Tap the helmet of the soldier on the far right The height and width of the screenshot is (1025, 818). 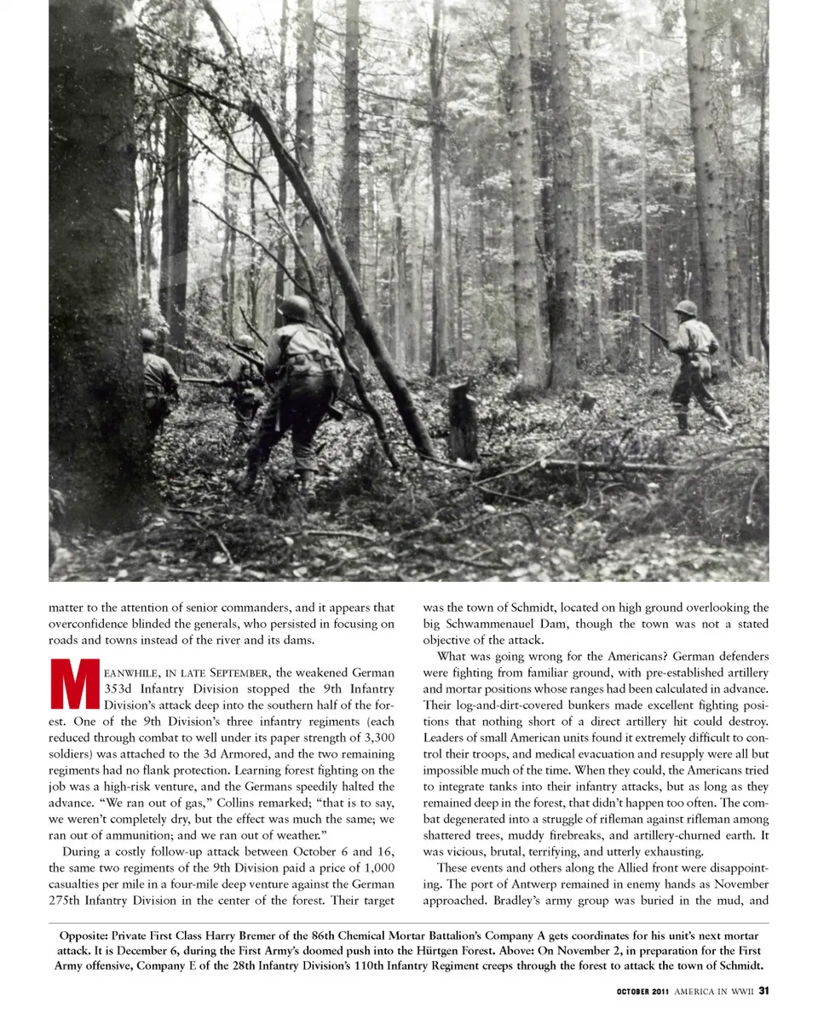tap(685, 308)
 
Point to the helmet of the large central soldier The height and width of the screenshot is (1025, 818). tap(295, 308)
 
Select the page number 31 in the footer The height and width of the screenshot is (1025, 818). tap(763, 990)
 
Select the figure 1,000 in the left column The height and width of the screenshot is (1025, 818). tap(376, 867)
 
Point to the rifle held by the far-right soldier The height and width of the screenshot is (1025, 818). tap(656, 332)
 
